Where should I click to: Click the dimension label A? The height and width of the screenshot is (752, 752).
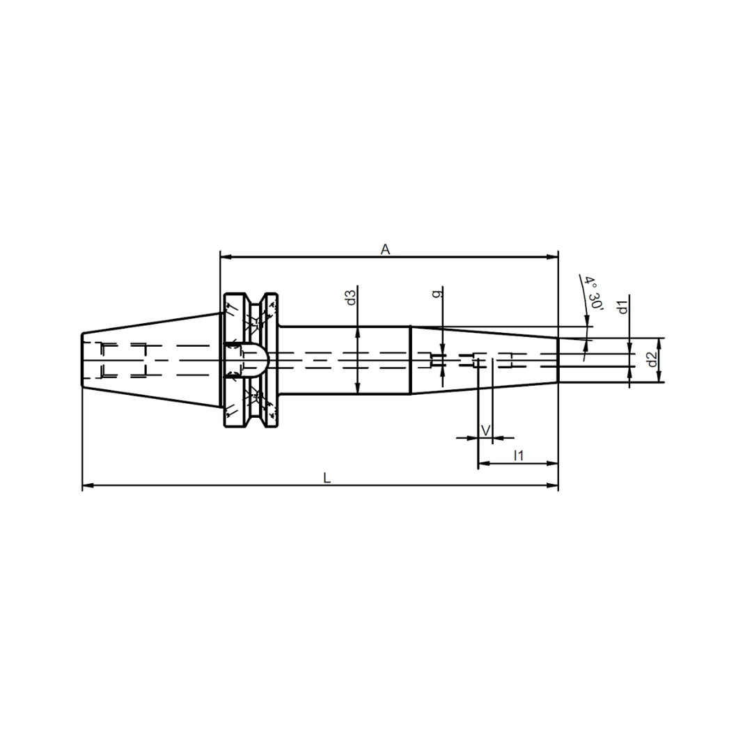pyautogui.click(x=385, y=249)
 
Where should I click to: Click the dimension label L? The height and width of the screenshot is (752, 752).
pyautogui.click(x=327, y=478)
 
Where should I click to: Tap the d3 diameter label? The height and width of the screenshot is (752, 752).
pyautogui.click(x=352, y=297)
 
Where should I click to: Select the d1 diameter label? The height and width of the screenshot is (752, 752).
pyautogui.click(x=622, y=306)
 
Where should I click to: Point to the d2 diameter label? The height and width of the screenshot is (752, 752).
pyautogui.click(x=651, y=359)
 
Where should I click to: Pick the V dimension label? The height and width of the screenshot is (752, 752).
pyautogui.click(x=485, y=431)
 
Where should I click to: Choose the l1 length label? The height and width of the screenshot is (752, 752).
pyautogui.click(x=519, y=455)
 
